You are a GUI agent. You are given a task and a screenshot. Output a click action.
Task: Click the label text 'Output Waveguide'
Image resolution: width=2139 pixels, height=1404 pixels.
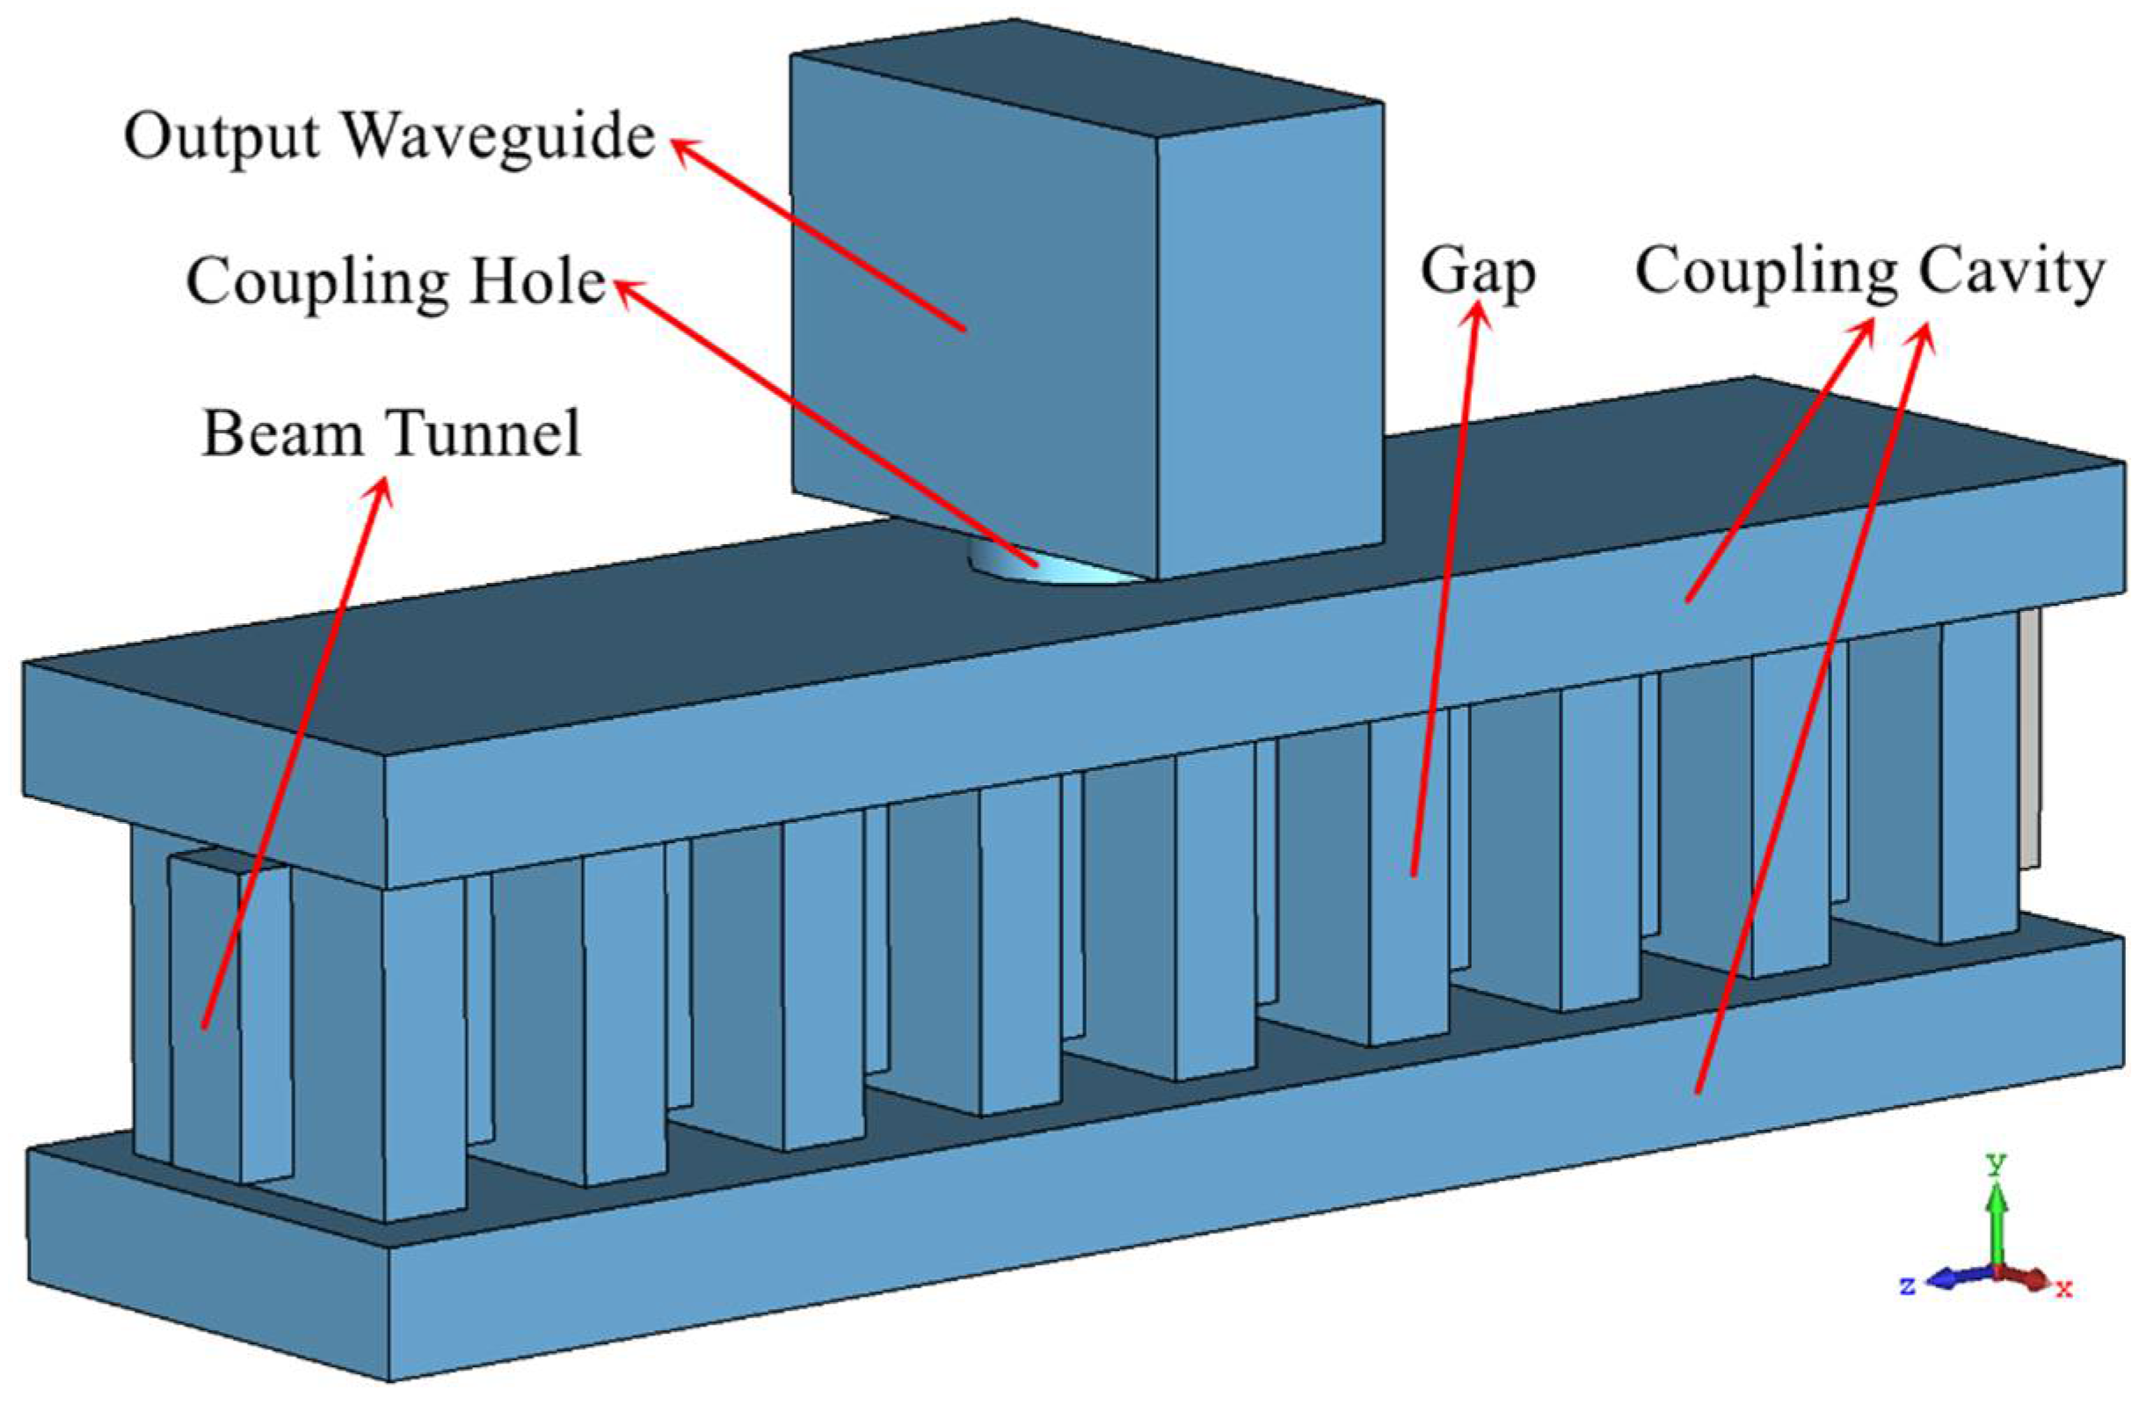click(389, 136)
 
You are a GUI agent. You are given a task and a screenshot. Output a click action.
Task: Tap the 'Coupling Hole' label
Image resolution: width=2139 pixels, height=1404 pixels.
click(396, 282)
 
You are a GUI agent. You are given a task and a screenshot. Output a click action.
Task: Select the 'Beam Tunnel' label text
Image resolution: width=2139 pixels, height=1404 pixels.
click(392, 433)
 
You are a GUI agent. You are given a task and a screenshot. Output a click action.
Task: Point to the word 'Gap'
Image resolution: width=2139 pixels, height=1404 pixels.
click(1477, 273)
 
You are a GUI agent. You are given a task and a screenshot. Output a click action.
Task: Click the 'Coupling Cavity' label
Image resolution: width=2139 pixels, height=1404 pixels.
click(1869, 272)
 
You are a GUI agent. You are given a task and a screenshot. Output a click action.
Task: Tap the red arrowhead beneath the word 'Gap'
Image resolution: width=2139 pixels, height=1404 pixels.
click(1478, 316)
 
